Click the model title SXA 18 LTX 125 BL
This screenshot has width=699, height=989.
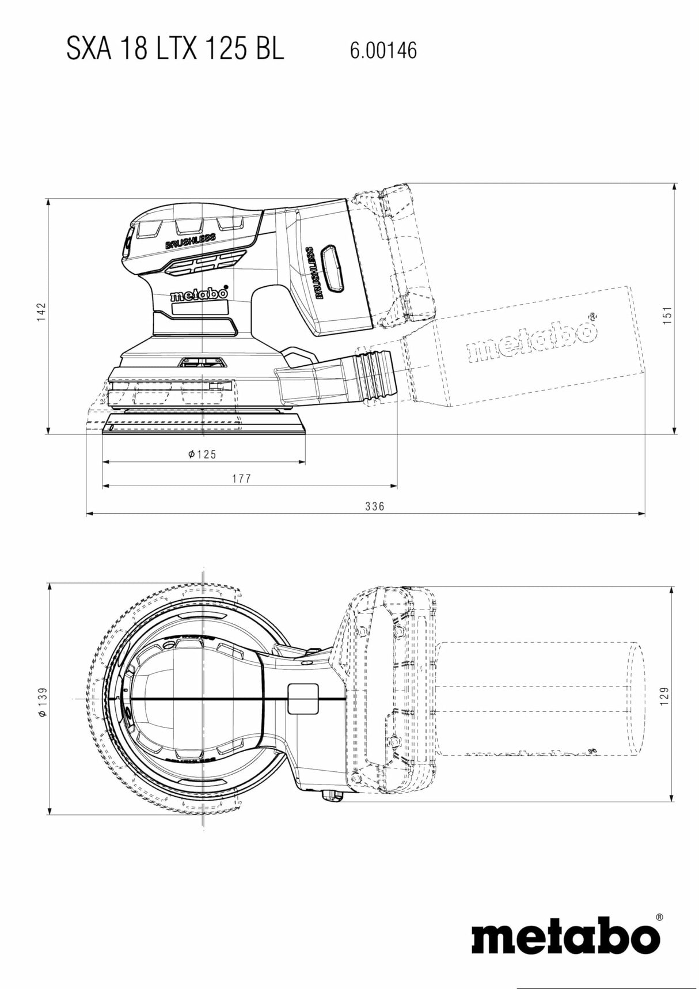pos(175,50)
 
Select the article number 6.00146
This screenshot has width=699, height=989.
pos(383,51)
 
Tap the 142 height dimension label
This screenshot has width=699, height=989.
pos(41,312)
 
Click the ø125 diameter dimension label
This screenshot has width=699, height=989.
pos(203,454)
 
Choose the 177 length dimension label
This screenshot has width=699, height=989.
pos(242,479)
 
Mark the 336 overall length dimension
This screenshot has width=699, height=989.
pos(374,506)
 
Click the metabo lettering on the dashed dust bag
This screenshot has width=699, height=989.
pos(533,340)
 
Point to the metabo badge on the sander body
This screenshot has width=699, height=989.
pos(199,295)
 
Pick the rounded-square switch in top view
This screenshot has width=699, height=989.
pos(302,698)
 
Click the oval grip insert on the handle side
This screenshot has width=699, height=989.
pos(332,268)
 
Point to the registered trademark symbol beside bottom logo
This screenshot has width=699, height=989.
pos(659,916)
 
